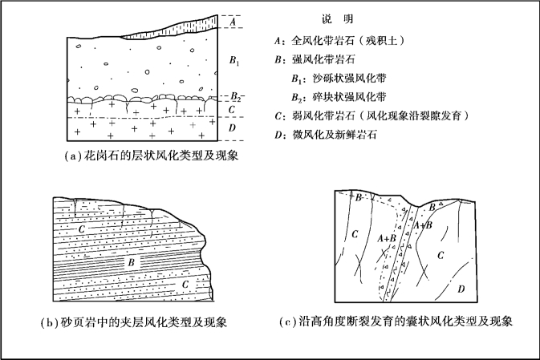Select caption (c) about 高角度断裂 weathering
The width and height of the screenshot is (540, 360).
(x=396, y=323)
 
